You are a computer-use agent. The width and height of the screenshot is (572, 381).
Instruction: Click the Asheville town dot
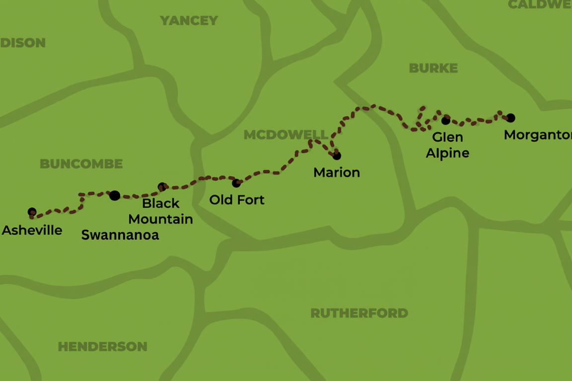click(x=32, y=212)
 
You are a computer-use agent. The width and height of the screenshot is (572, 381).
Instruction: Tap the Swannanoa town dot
click(x=115, y=195)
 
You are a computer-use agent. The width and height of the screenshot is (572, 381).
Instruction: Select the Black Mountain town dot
click(x=162, y=187)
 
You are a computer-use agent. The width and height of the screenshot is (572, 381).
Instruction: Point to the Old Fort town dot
click(x=236, y=183)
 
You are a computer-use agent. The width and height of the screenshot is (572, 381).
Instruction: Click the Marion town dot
click(x=337, y=156)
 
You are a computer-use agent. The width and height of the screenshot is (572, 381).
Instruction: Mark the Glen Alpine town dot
click(x=446, y=120)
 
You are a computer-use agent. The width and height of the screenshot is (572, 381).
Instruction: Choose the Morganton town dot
click(x=510, y=118)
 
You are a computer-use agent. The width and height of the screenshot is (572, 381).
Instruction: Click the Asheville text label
click(x=32, y=230)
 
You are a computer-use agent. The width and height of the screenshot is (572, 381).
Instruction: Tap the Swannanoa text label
click(x=120, y=235)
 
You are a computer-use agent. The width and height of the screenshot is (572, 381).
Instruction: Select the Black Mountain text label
click(x=161, y=211)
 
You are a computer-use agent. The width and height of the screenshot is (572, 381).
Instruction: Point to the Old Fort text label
click(x=237, y=200)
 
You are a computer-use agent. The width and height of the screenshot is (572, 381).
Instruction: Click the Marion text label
click(x=337, y=173)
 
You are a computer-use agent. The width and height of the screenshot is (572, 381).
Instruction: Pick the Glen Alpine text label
click(x=447, y=145)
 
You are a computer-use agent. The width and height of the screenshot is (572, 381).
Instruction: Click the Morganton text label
click(x=537, y=135)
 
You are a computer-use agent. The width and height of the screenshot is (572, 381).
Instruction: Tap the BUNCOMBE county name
click(x=81, y=164)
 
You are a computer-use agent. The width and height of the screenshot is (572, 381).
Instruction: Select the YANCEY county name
click(x=189, y=20)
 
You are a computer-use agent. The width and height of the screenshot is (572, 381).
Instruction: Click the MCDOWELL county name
click(x=286, y=135)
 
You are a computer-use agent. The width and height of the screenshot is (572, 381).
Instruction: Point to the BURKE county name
click(x=433, y=68)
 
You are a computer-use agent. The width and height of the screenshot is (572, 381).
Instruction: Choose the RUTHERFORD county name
click(x=359, y=313)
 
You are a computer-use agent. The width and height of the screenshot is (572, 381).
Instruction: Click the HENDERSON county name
click(x=102, y=346)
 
